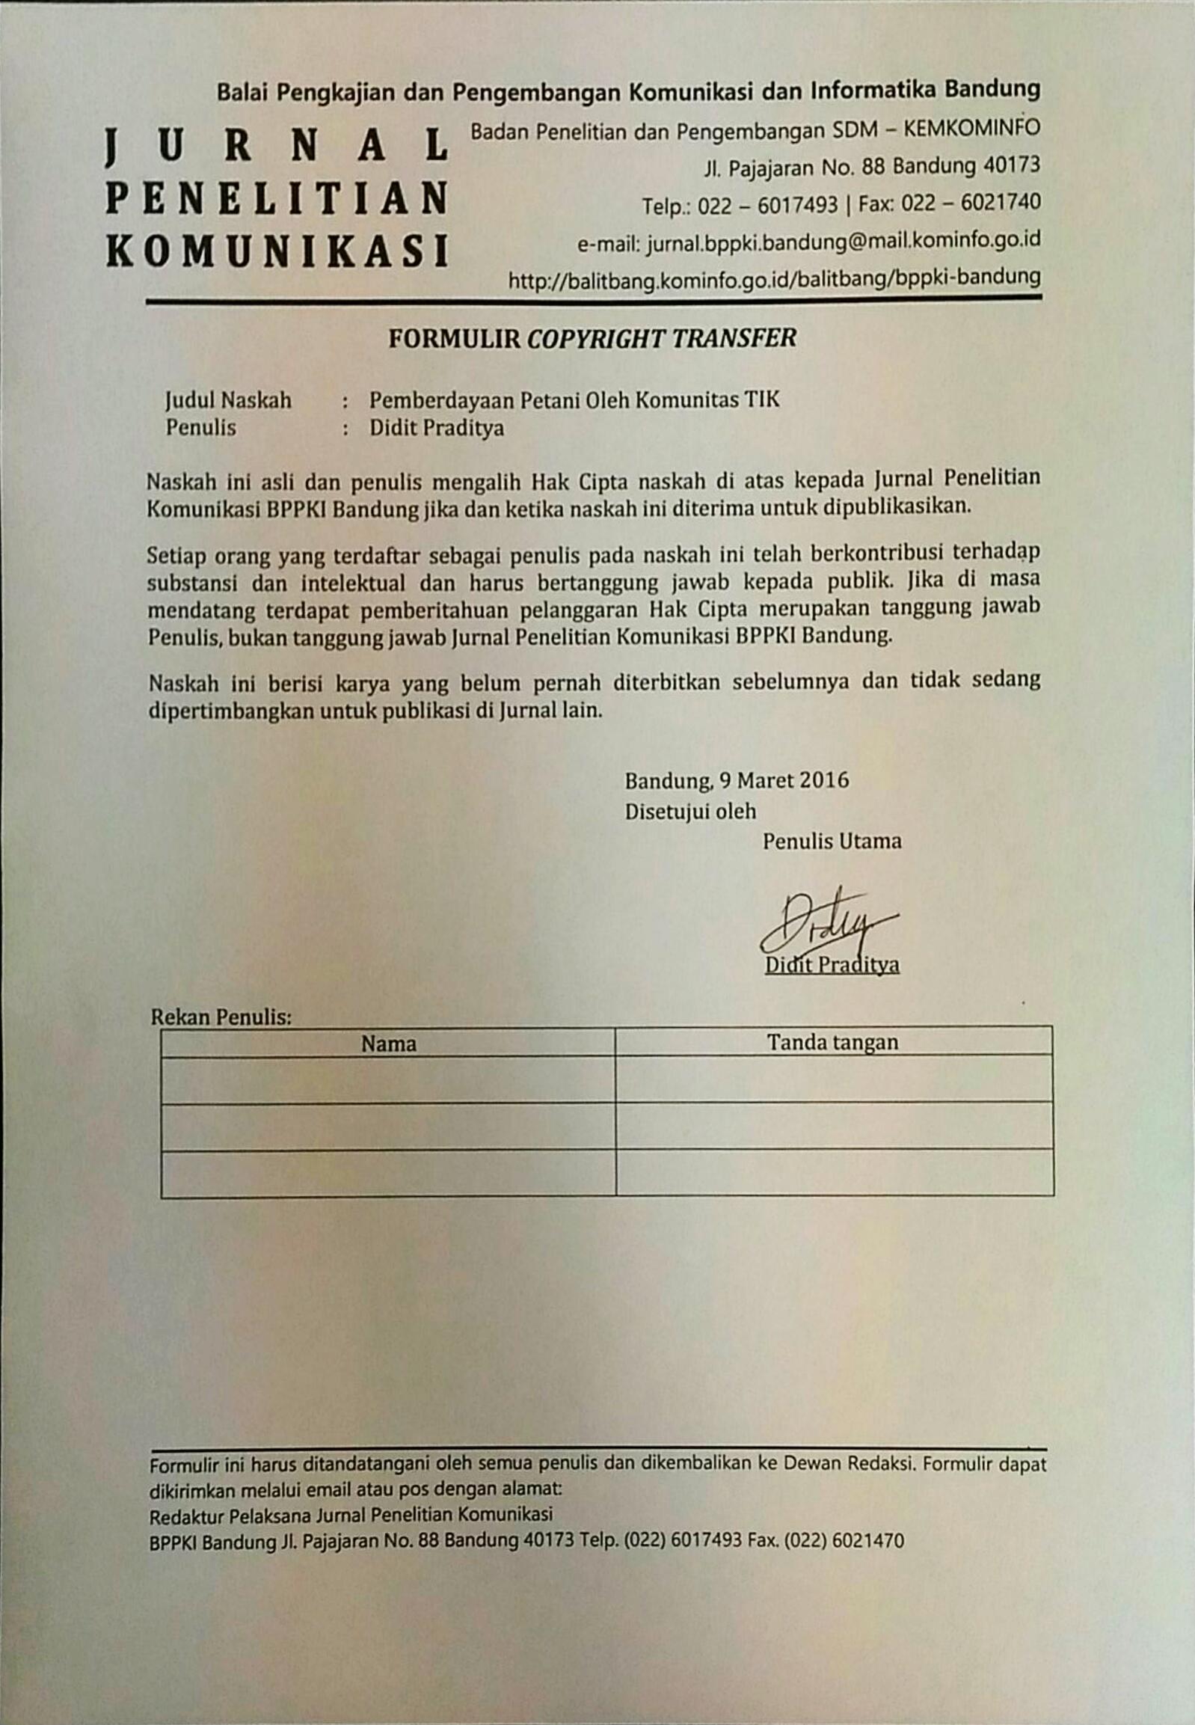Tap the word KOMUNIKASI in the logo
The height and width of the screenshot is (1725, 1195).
277,251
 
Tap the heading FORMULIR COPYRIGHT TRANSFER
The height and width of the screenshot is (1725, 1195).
592,339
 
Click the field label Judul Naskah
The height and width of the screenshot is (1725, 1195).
228,401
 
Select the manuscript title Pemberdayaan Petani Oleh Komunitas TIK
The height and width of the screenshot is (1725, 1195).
574,400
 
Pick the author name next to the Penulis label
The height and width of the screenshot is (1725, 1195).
437,429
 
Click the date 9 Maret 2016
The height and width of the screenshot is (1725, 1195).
784,780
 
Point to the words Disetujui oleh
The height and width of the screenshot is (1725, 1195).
690,811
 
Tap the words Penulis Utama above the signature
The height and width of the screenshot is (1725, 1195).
832,841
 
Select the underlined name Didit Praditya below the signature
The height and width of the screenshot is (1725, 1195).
832,966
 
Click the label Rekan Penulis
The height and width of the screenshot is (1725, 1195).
221,1017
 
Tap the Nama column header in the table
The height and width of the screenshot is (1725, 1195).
389,1044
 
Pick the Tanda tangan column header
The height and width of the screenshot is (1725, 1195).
832,1042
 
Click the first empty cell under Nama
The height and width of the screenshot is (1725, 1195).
388,1079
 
